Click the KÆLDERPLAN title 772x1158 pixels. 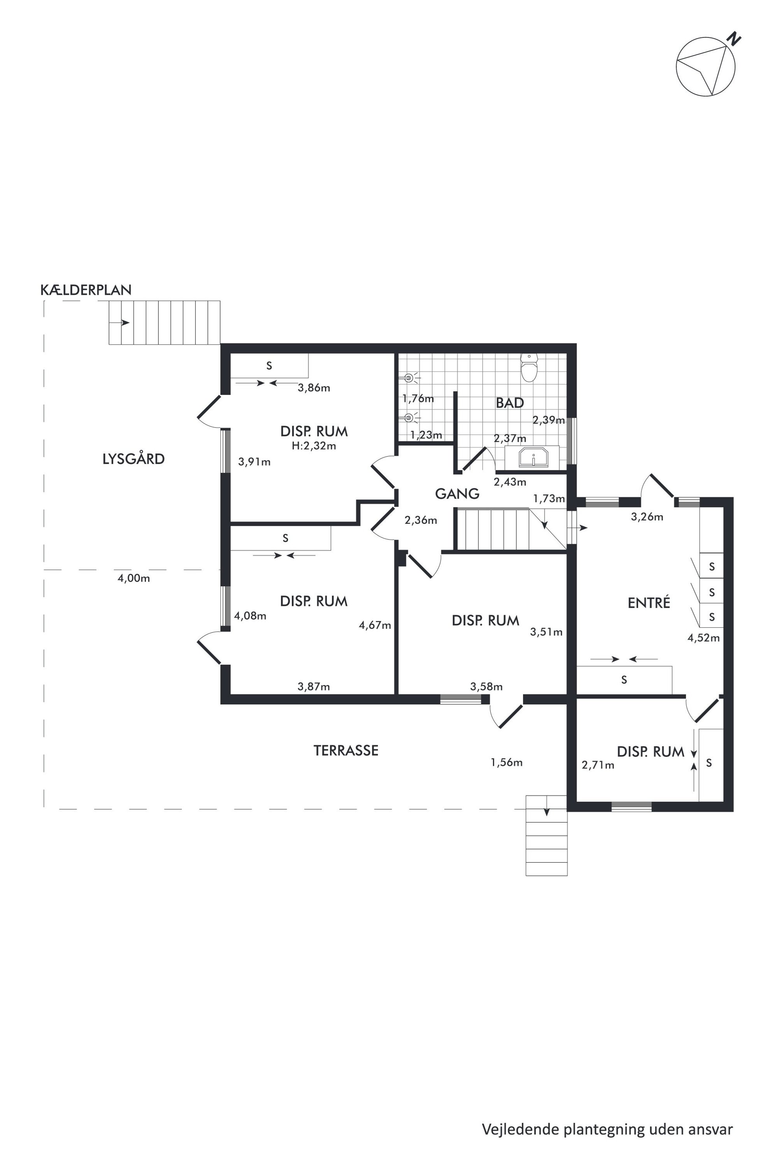coord(86,290)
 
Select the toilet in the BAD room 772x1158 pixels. coord(529,368)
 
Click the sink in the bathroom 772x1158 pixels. coord(533,457)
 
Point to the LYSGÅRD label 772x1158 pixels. coord(133,459)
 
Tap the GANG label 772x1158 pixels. coord(457,493)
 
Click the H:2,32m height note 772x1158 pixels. coord(314,446)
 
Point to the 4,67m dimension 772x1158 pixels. coord(375,625)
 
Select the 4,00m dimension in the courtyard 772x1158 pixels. coord(133,579)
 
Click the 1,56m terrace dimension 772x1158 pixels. coord(506,763)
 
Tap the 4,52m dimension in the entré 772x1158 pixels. coord(704,638)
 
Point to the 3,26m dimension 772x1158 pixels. coord(647,517)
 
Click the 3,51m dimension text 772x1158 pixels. coord(546,632)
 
